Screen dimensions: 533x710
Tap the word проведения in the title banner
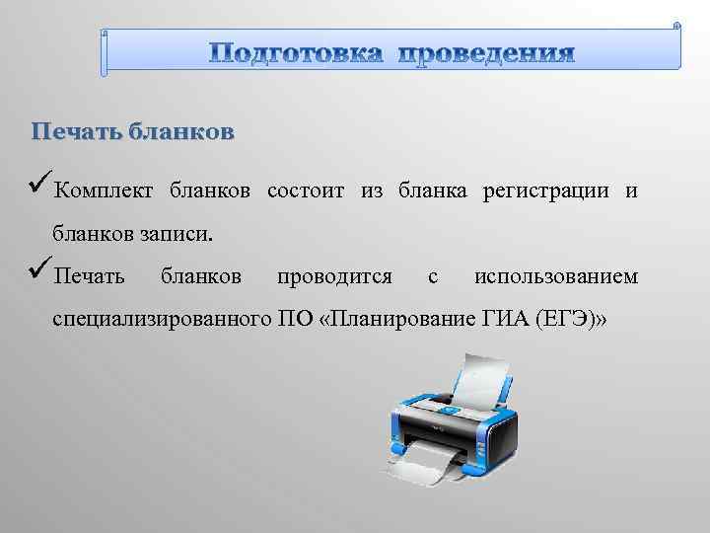485,52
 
